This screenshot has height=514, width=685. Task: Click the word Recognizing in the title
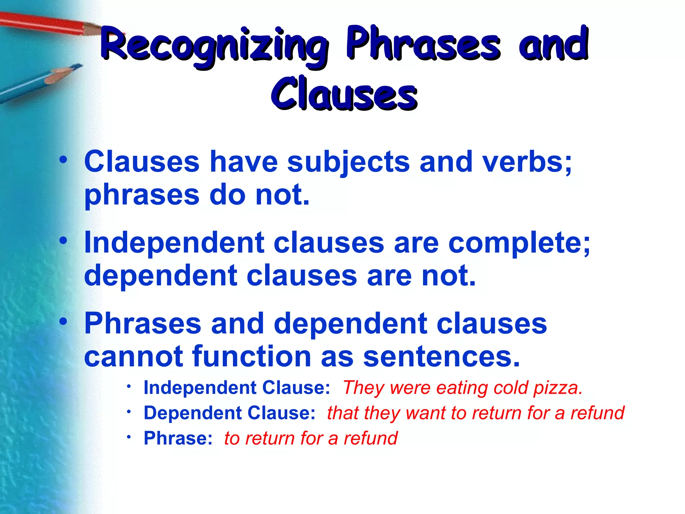[214, 45]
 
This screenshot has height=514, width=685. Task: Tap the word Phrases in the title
[423, 44]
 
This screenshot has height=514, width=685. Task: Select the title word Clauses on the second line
[344, 94]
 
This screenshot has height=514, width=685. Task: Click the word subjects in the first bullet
[348, 162]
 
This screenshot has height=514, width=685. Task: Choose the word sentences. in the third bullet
[442, 356]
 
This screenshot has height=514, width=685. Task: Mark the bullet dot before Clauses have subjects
[63, 160]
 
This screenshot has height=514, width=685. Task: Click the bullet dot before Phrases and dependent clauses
[63, 322]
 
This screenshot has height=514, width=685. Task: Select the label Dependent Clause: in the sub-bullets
[229, 413]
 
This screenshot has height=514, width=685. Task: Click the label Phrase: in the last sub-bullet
[178, 438]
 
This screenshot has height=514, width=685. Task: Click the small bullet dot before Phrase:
[129, 437]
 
